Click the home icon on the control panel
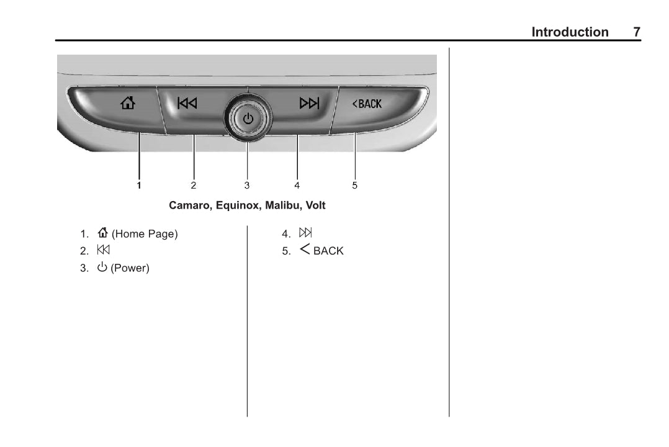point(128,103)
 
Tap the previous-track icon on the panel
point(187,103)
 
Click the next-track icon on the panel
point(309,103)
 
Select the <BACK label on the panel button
point(367,104)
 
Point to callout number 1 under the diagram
point(138,185)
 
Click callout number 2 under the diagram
point(193,185)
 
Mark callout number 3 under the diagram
point(246,185)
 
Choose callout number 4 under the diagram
point(297,185)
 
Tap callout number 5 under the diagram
point(354,185)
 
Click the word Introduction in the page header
point(570,32)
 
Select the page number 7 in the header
point(637,32)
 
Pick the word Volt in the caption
point(315,205)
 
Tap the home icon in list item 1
point(102,232)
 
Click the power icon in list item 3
point(102,267)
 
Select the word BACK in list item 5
point(328,251)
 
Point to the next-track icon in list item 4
point(305,233)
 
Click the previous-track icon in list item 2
point(103,250)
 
